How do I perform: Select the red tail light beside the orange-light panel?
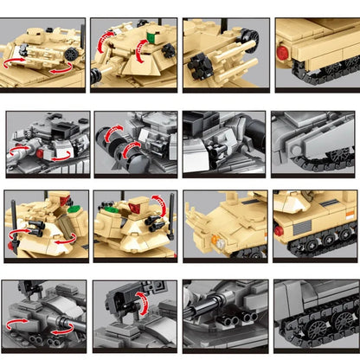(279, 231)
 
